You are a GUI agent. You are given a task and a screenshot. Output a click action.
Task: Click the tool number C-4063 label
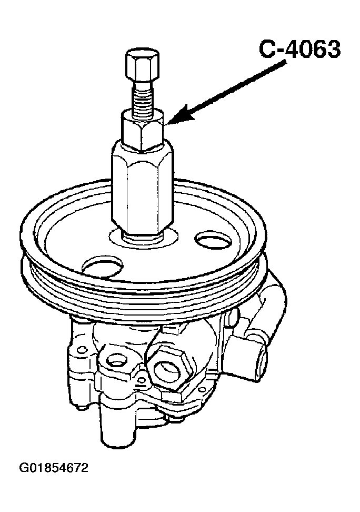(x=299, y=50)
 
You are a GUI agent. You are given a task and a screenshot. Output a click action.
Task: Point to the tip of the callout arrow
(x=166, y=124)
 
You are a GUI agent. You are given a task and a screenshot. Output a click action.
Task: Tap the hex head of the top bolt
(x=142, y=66)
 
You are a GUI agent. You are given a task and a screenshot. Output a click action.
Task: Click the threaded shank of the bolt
(x=143, y=97)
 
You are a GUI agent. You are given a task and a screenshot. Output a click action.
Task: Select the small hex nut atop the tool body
(x=142, y=130)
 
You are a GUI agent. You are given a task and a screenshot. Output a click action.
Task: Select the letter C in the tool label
(x=267, y=50)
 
